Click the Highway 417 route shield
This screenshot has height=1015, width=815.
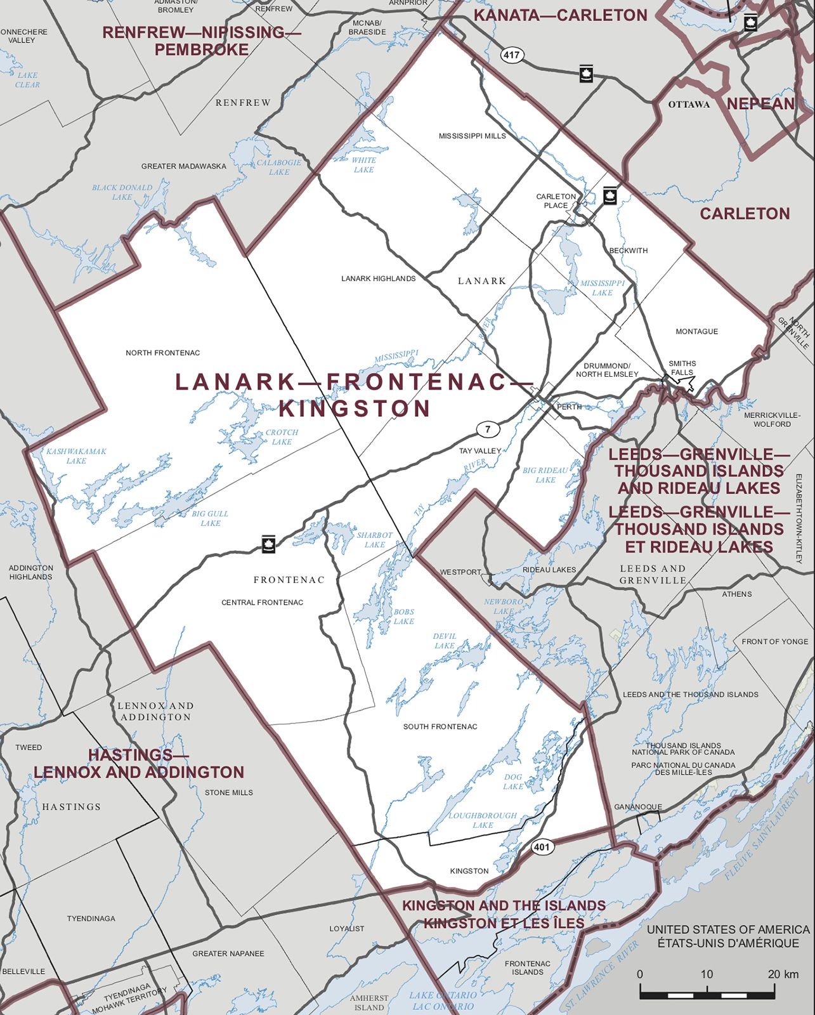coord(511,55)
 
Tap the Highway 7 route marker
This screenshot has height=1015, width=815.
coord(487,429)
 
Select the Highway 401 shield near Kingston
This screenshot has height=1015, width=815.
coord(542,847)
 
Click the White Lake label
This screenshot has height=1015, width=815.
coord(363,165)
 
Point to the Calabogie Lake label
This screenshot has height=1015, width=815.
coord(279,167)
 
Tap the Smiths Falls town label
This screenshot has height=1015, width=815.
coord(682,368)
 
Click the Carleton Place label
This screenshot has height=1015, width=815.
coord(556,200)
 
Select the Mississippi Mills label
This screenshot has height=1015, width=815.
coord(472,136)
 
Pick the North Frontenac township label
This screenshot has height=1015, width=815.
coord(162,353)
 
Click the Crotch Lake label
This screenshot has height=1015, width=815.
coord(282,437)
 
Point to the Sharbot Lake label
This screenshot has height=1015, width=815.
coord(374,540)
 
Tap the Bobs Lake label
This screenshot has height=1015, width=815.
coord(403,617)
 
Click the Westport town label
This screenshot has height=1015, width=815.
coord(460,572)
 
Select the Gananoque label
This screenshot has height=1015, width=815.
coord(637,807)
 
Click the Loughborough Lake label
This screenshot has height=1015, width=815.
coord(483,820)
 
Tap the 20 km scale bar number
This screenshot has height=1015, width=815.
coord(782,974)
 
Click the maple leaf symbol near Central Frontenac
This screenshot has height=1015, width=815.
coord(268,544)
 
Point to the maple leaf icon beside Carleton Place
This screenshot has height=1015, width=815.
coord(610,195)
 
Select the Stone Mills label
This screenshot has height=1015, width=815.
coord(228,792)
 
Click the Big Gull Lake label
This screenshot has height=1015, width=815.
coord(210,518)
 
